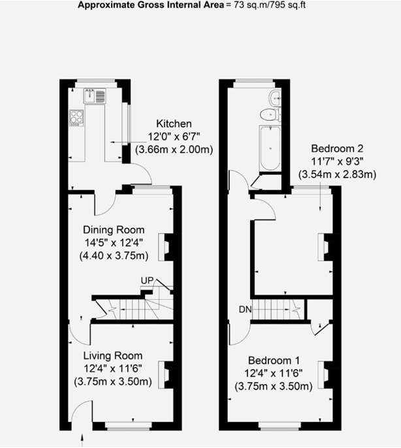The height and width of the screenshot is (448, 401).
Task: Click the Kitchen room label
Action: click(173, 124)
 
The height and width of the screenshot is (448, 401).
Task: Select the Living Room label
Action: click(112, 356)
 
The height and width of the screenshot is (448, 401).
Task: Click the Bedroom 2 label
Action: click(337, 147)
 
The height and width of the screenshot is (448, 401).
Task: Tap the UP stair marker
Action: click(147, 280)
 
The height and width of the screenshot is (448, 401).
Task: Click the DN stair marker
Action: click(244, 309)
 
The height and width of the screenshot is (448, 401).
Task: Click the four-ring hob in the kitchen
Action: click(76, 118)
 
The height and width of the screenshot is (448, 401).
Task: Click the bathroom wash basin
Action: click(275, 99)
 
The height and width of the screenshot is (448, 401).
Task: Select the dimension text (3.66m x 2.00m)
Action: click(174, 150)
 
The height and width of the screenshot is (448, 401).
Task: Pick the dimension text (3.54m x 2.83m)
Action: click(337, 174)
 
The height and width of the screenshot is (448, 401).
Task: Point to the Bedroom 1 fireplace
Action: click(323, 373)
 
